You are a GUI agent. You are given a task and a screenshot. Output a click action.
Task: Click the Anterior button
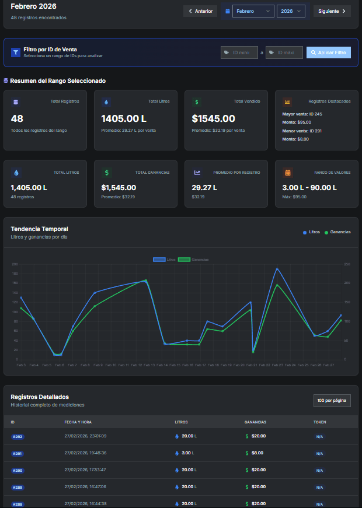click(x=200, y=11)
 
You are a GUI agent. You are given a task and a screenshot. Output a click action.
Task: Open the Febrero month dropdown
click(x=253, y=11)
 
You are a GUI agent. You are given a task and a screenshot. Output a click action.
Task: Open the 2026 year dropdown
click(x=291, y=11)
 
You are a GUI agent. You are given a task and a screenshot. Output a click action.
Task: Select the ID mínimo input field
click(x=239, y=52)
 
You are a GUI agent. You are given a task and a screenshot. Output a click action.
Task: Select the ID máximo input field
click(x=284, y=52)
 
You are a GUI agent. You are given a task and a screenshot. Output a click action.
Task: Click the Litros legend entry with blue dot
click(x=311, y=232)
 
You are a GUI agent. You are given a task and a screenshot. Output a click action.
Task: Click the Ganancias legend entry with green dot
click(x=337, y=232)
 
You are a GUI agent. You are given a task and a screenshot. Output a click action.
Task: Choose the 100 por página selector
click(x=332, y=400)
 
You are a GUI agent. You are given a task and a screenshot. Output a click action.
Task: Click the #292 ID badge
click(x=18, y=436)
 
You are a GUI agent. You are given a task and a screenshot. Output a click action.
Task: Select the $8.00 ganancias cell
click(x=257, y=453)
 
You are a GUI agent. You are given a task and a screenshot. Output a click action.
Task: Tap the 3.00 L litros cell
click(x=187, y=453)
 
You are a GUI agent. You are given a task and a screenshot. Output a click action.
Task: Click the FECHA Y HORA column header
click(x=78, y=422)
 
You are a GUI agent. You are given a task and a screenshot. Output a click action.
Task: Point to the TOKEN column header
click(x=319, y=422)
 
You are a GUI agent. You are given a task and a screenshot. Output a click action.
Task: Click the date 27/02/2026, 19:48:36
click(x=85, y=453)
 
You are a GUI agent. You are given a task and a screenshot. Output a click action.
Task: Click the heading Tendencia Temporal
click(x=39, y=229)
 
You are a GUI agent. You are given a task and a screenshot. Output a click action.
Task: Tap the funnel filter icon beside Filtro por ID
click(x=16, y=52)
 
